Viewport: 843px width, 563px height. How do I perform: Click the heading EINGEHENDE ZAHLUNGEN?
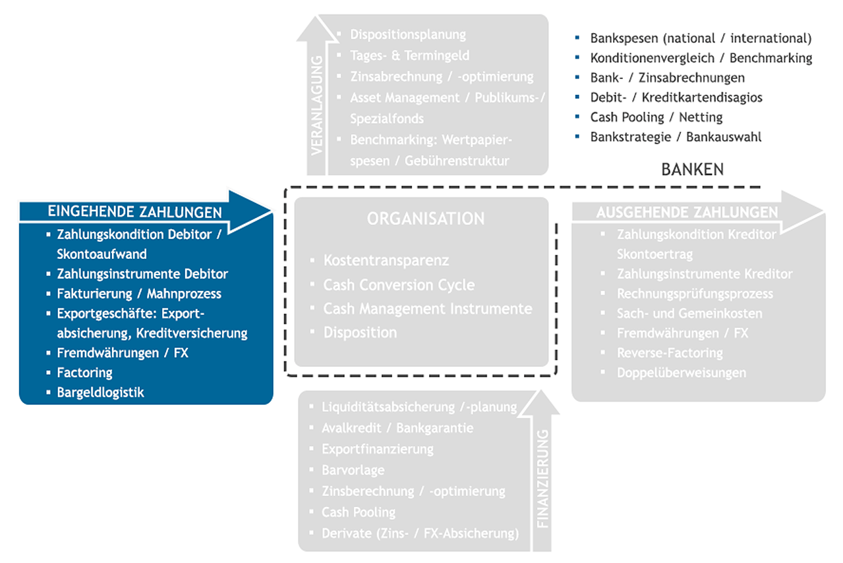pyautogui.click(x=134, y=212)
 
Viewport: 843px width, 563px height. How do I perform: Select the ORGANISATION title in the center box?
pyautogui.click(x=426, y=219)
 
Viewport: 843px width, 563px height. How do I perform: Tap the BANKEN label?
pyautogui.click(x=692, y=170)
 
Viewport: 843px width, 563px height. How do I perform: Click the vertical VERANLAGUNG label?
pyautogui.click(x=316, y=105)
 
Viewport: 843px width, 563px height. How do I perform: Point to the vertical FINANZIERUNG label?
pyautogui.click(x=544, y=479)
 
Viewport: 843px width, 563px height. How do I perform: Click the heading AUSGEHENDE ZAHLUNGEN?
pyautogui.click(x=687, y=212)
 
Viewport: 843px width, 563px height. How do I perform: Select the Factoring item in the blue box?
pyautogui.click(x=84, y=373)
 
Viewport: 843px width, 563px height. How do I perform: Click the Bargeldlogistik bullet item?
pyautogui.click(x=100, y=392)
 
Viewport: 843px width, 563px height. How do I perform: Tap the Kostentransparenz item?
pyautogui.click(x=386, y=261)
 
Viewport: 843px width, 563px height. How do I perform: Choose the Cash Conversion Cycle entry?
pyautogui.click(x=399, y=285)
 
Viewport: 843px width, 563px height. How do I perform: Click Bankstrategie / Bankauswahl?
pyautogui.click(x=676, y=137)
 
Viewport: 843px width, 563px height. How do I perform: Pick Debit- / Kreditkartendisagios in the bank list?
pyautogui.click(x=676, y=97)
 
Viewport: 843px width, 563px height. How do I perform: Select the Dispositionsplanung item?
pyautogui.click(x=408, y=35)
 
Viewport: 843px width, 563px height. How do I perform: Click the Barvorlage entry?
pyautogui.click(x=353, y=470)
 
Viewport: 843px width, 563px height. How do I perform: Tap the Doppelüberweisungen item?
pyautogui.click(x=682, y=373)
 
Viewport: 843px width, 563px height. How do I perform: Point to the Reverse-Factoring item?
pyautogui.click(x=670, y=353)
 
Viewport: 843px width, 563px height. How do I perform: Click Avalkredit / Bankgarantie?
pyautogui.click(x=397, y=428)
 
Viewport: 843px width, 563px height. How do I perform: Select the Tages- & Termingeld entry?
pyautogui.click(x=410, y=56)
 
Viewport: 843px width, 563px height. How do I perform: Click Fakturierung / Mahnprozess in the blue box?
pyautogui.click(x=139, y=294)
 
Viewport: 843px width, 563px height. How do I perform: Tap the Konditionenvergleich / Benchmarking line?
pyautogui.click(x=701, y=58)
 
